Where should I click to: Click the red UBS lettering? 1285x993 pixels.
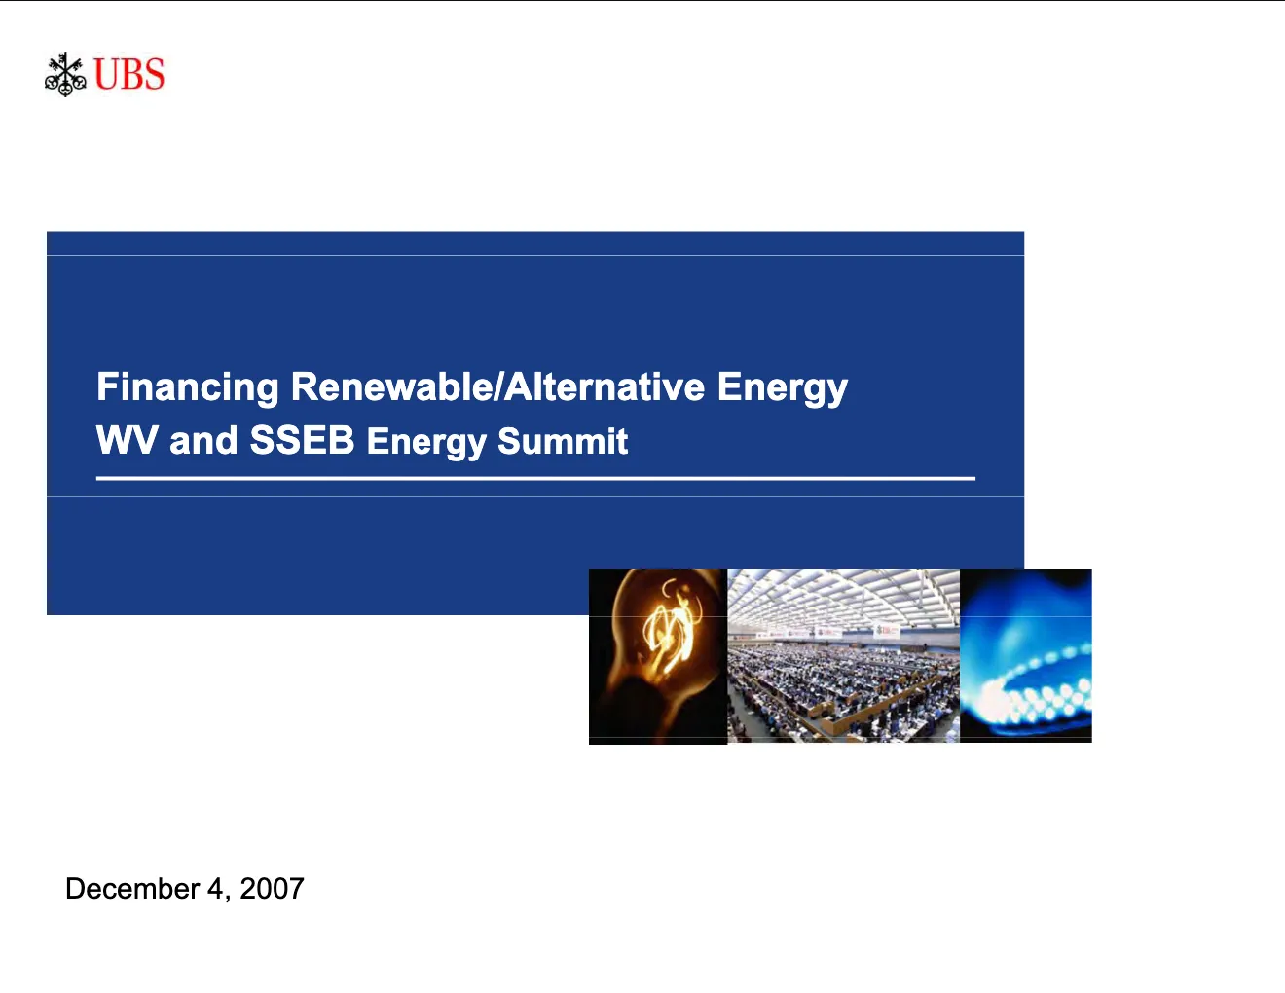[128, 74]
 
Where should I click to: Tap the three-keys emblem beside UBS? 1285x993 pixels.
[65, 74]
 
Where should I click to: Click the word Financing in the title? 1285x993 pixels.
[188, 388]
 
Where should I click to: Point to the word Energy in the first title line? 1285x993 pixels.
[783, 388]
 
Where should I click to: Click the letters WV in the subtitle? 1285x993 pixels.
[127, 440]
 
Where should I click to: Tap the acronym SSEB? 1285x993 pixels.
[302, 440]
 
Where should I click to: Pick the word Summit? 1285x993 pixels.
[563, 441]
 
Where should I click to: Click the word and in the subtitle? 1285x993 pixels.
[203, 441]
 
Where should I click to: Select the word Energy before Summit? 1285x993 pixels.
[425, 443]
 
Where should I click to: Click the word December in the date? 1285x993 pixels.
[132, 888]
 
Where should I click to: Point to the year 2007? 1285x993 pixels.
[272, 888]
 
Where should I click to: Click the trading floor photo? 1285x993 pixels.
[843, 655]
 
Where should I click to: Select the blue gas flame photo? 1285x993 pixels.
[1025, 655]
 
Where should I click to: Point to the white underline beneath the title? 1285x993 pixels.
[535, 478]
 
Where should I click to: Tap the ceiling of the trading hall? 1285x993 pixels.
[843, 598]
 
